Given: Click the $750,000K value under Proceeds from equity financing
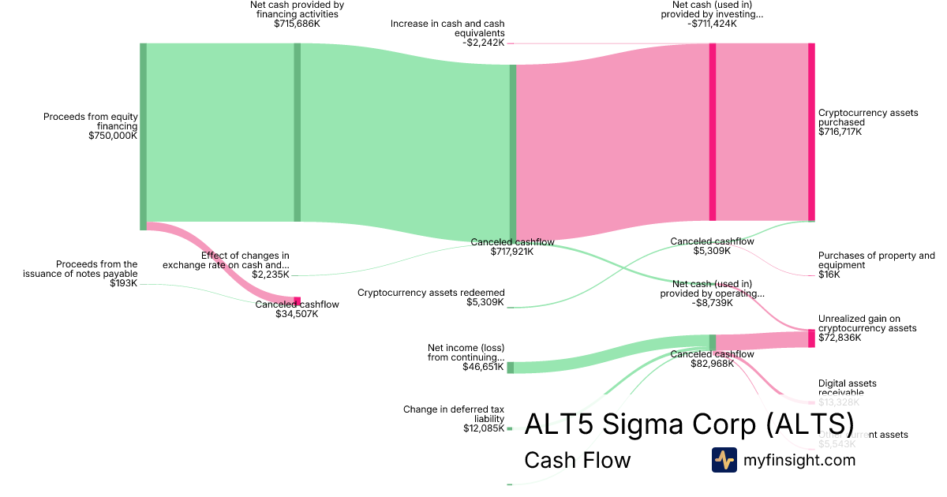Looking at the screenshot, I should (x=113, y=136).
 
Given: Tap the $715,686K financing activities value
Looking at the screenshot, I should (x=297, y=24).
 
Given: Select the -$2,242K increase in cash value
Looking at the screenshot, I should (x=483, y=43).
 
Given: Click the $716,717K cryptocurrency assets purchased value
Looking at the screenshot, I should (x=840, y=132).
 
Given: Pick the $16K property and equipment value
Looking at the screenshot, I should (x=829, y=275).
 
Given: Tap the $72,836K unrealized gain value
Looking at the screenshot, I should (x=840, y=338).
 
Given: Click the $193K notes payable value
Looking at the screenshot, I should (x=124, y=283).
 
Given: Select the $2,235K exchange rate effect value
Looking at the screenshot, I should (x=271, y=275).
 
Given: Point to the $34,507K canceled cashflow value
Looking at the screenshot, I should (x=297, y=314).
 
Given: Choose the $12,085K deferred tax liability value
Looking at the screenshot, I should (x=484, y=428).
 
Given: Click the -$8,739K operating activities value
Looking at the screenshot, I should (x=712, y=302).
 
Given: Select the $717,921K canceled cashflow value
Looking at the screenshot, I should (x=512, y=252).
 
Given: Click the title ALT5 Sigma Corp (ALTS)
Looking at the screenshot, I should (x=689, y=424).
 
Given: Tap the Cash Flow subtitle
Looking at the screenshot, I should (x=577, y=460).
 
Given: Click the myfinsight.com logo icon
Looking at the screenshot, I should (x=724, y=460).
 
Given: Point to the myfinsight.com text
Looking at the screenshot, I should (x=799, y=460).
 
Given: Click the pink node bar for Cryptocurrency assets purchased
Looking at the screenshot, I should (x=811, y=132).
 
